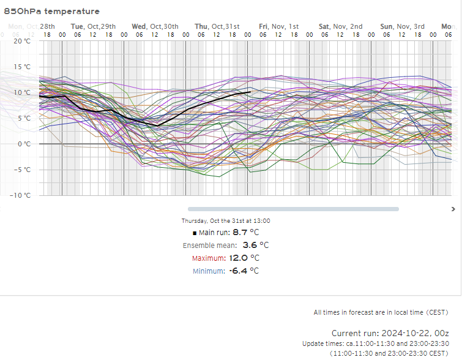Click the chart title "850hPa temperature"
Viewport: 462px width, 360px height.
[x=51, y=11]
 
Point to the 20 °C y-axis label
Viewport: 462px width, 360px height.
[x=23, y=41]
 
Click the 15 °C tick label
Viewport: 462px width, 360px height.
[x=23, y=67]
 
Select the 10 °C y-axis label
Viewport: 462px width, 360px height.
[x=23, y=92]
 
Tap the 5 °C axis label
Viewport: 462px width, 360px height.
[x=24, y=118]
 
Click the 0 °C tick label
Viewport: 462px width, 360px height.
[x=24, y=144]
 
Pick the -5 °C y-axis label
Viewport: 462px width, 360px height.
[x=23, y=170]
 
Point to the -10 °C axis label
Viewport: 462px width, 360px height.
[x=22, y=195]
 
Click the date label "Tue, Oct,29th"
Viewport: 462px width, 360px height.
[x=93, y=26]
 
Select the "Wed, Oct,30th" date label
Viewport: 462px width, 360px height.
[x=155, y=26]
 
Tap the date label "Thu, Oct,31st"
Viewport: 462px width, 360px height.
[x=217, y=26]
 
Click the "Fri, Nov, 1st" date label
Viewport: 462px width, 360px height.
[x=278, y=26]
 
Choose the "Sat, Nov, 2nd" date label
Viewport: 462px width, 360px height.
[x=341, y=26]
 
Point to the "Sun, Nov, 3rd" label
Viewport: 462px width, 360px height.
[x=402, y=26]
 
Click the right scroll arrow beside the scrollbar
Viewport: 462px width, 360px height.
[x=453, y=209]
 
